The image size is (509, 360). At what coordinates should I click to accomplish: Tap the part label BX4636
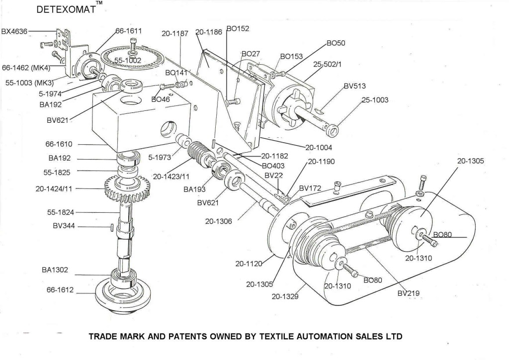pos(14,31)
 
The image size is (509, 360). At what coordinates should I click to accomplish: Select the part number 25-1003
pos(374,100)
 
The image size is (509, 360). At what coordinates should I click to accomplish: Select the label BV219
pos(409,293)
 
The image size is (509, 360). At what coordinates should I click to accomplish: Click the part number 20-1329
pos(285,297)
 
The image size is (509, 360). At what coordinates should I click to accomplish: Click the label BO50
pos(336,44)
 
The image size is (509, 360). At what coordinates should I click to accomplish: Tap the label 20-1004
pos(318,147)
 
